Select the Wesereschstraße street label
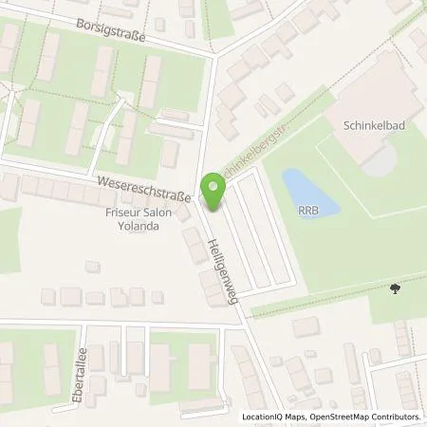(x=140, y=184)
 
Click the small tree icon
(x=394, y=290)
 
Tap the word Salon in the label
(x=162, y=214)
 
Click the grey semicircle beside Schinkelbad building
(x=378, y=162)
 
